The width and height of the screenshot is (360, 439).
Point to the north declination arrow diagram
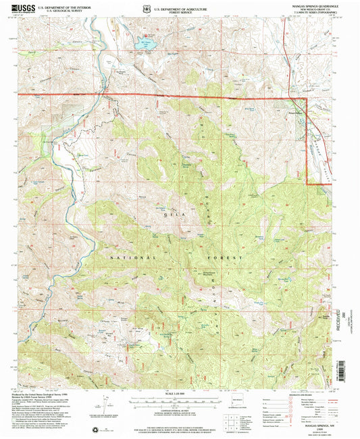point(106,404)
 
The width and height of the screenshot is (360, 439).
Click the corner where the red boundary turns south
point(307,99)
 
